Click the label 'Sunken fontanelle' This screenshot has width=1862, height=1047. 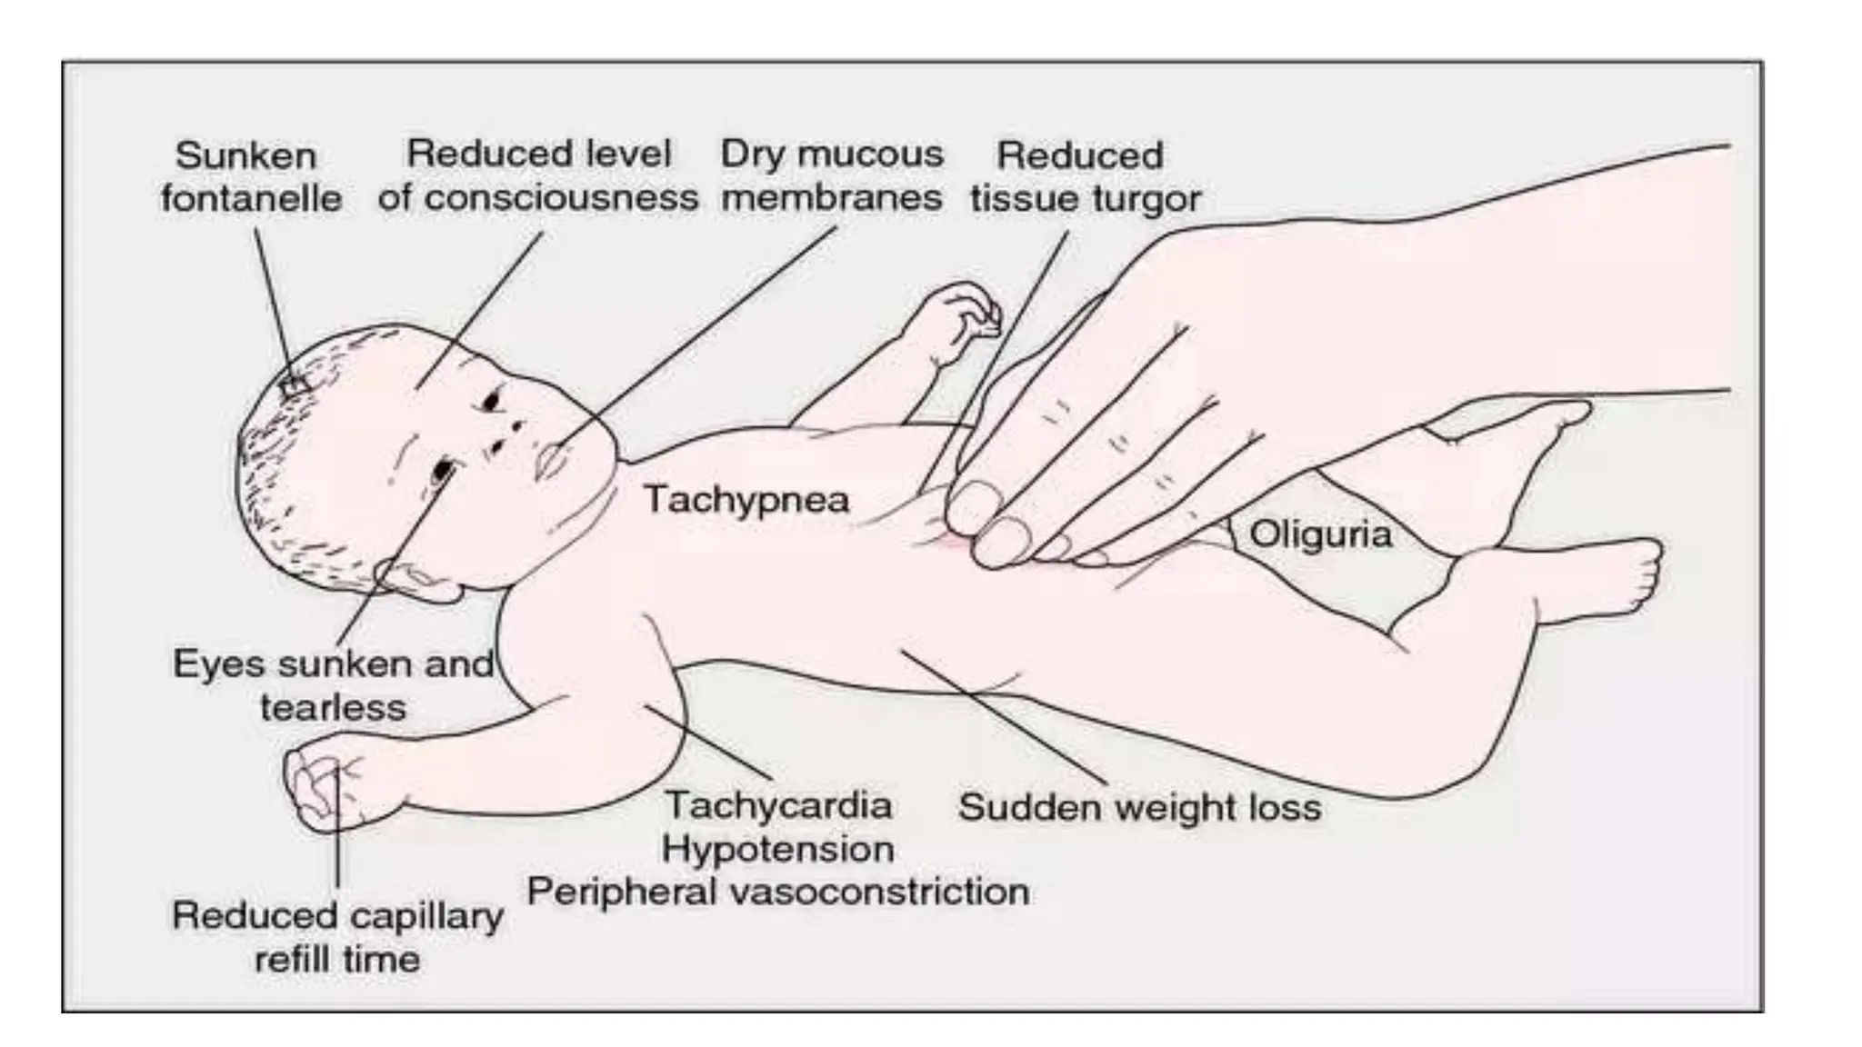coord(250,176)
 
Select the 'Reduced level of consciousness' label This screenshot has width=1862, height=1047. coord(538,175)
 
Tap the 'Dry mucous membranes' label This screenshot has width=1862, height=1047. coord(832,175)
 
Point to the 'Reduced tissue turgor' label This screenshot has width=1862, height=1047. coord(1085,176)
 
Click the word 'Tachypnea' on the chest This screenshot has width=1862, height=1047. coord(746,499)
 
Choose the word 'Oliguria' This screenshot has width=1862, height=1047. coord(1320,533)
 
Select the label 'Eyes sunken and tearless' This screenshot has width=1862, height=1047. coord(333,685)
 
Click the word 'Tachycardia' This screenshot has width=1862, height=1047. coord(778,805)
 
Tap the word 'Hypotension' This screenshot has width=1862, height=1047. coord(778,849)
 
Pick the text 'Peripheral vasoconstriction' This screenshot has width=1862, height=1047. coord(778,892)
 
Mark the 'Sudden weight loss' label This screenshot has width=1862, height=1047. coord(1140,807)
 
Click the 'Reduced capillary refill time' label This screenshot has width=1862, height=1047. coord(337,937)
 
